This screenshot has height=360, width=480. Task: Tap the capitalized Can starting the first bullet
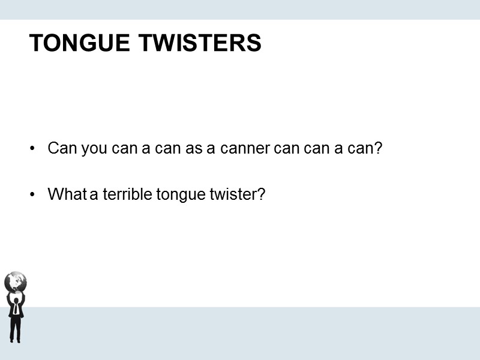(x=60, y=148)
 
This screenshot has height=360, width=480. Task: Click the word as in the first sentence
(x=194, y=149)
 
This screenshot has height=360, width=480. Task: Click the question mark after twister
(x=261, y=194)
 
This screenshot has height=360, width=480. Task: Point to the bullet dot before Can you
(x=33, y=149)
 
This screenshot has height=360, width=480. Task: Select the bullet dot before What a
(x=33, y=195)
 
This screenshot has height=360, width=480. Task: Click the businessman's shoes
(x=15, y=340)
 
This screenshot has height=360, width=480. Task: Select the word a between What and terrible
(x=93, y=195)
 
